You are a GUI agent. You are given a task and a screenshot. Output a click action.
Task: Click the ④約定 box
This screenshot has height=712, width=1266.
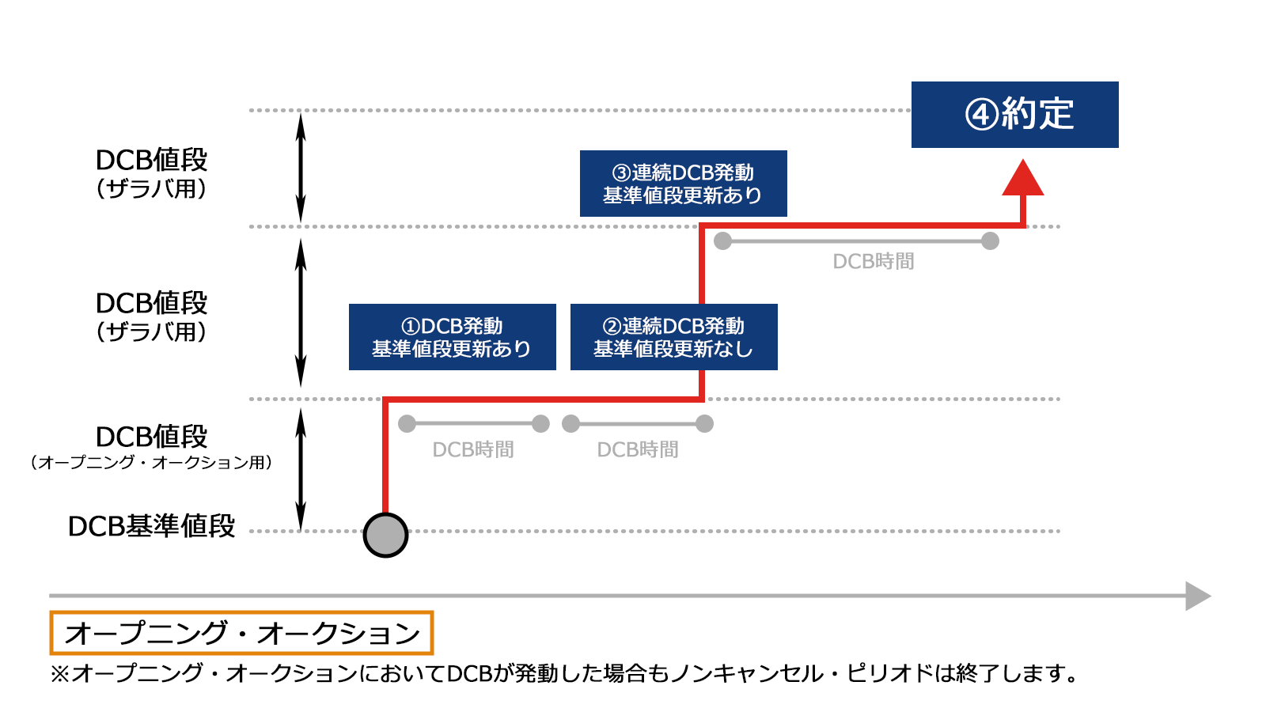pyautogui.click(x=1014, y=115)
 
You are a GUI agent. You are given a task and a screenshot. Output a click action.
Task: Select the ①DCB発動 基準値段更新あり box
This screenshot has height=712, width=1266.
pyautogui.click(x=452, y=337)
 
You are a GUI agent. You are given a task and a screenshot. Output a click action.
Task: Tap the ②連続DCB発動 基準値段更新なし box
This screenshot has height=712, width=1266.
pyautogui.click(x=673, y=337)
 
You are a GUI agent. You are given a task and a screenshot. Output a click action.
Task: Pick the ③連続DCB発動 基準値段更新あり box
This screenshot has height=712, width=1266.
pyautogui.click(x=683, y=184)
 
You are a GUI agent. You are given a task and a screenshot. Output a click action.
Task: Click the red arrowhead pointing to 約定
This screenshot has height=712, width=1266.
pyautogui.click(x=1023, y=178)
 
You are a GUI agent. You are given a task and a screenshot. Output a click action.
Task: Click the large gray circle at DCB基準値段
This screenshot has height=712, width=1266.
pyautogui.click(x=385, y=535)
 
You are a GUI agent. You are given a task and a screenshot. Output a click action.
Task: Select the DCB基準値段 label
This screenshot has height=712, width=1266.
pyautogui.click(x=152, y=526)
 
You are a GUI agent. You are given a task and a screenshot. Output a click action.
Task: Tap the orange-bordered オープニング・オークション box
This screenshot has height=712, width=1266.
pyautogui.click(x=241, y=633)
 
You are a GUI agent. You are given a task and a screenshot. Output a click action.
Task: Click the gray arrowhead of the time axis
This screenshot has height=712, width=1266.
pyautogui.click(x=1198, y=596)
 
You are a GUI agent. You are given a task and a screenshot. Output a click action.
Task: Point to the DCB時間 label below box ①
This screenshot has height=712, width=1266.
pyautogui.click(x=473, y=449)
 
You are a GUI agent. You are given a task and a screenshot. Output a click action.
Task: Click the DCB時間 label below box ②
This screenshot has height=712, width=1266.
pyautogui.click(x=638, y=449)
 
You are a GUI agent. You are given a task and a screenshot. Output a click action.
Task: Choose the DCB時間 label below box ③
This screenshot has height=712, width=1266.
pyautogui.click(x=874, y=261)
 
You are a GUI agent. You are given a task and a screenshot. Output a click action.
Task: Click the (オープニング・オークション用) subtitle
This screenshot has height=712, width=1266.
pyautogui.click(x=152, y=462)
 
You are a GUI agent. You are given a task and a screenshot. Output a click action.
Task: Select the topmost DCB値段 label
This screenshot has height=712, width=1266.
pyautogui.click(x=151, y=160)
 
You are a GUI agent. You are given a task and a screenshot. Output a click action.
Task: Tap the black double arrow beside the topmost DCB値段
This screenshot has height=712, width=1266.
pyautogui.click(x=301, y=168)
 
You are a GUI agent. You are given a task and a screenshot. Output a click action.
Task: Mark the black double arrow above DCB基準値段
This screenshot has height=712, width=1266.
pyautogui.click(x=301, y=468)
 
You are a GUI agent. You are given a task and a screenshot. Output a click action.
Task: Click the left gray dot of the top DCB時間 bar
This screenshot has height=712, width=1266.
pyautogui.click(x=722, y=241)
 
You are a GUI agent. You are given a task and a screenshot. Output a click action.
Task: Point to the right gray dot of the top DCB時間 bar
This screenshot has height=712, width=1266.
pyautogui.click(x=990, y=241)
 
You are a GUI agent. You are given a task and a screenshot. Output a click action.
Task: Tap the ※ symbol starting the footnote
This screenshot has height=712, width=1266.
pyautogui.click(x=60, y=674)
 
